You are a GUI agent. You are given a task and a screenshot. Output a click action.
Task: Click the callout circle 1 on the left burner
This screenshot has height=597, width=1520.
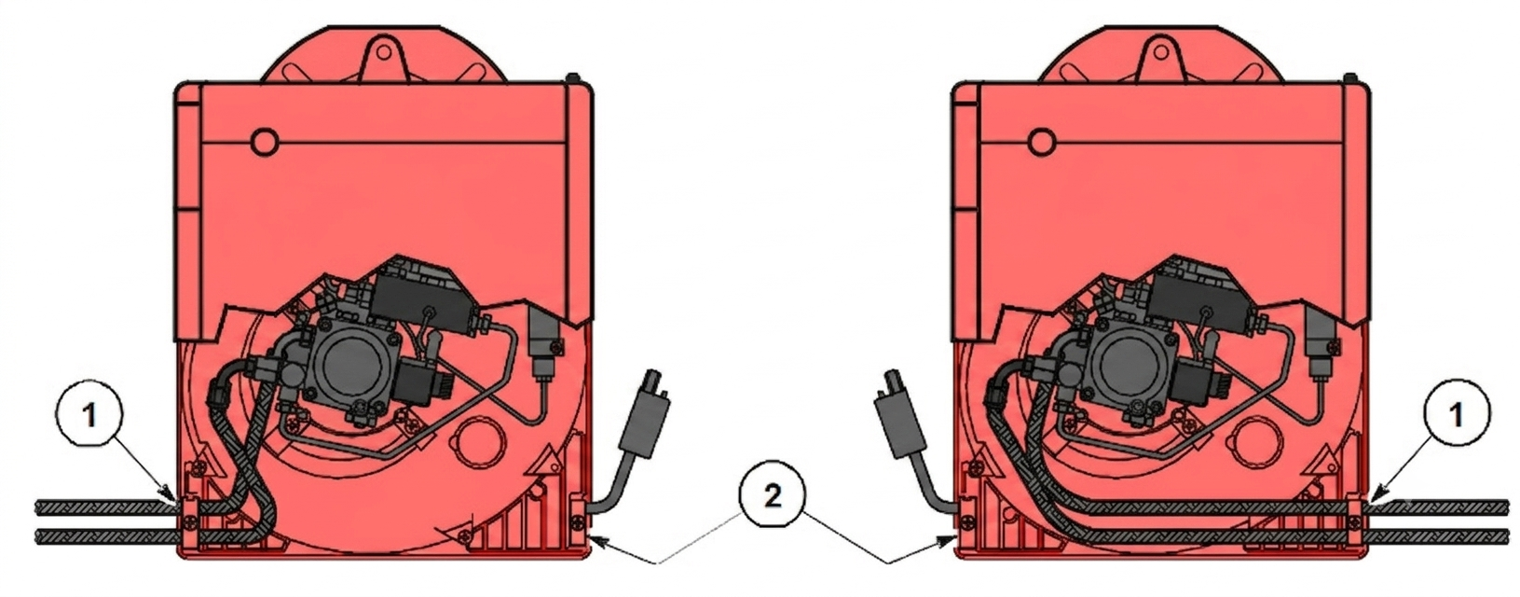(x=89, y=416)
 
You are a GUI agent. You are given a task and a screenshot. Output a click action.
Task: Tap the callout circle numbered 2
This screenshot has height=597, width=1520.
(x=773, y=498)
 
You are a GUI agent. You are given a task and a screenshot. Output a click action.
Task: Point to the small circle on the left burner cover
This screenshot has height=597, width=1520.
(x=264, y=142)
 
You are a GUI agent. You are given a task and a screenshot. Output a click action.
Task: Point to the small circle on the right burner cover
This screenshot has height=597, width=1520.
(x=1042, y=142)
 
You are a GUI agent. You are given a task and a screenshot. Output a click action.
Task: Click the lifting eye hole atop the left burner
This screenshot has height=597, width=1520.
(x=384, y=51)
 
